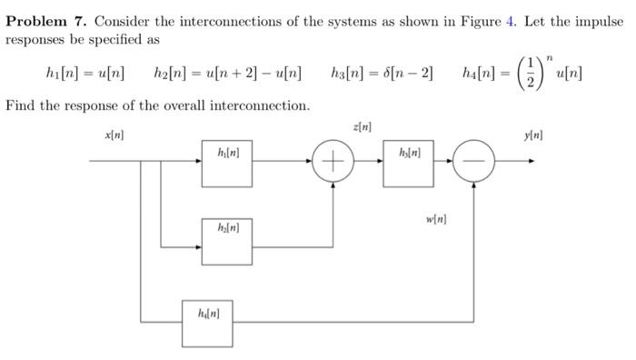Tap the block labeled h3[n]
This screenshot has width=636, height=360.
tap(408, 163)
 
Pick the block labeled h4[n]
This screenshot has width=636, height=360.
tap(206, 322)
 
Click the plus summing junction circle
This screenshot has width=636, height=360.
tap(333, 164)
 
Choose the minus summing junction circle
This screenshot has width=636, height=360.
tap(474, 164)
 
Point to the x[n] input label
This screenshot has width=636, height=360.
tap(115, 135)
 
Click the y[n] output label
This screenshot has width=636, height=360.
tap(534, 135)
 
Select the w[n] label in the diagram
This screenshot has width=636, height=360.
tap(436, 219)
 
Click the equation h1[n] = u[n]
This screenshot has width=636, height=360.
tap(85, 72)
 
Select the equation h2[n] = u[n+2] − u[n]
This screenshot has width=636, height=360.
tap(228, 72)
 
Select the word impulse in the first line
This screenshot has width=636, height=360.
tap(601, 21)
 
